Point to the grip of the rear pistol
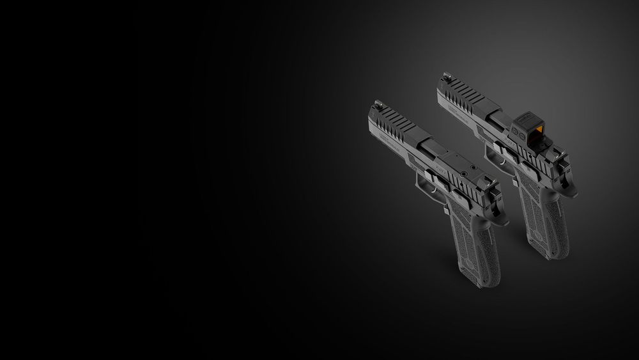543,217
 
